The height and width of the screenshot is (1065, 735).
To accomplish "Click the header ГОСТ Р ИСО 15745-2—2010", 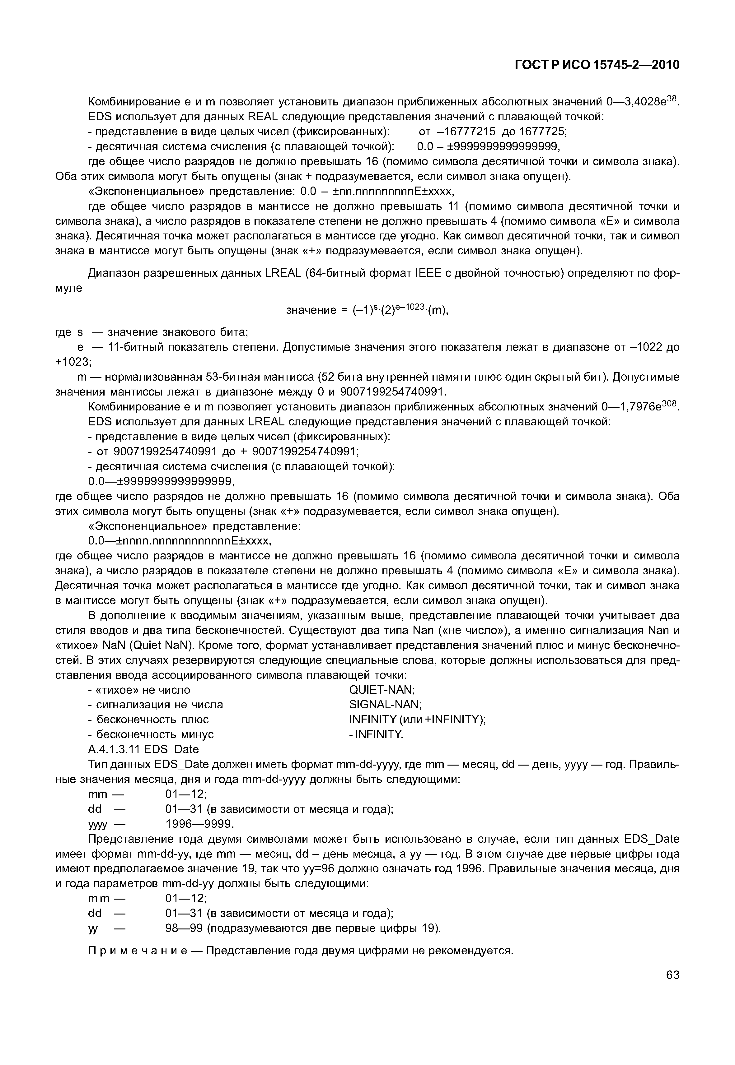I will (597, 65).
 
